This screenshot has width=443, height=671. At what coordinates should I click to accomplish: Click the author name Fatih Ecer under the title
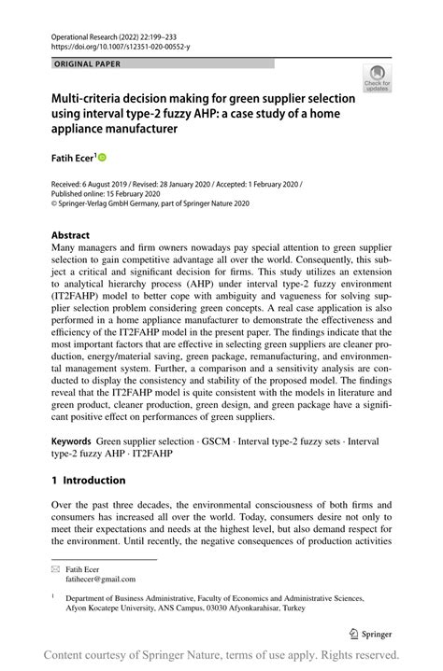72,159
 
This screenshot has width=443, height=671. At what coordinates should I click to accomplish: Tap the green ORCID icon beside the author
103,158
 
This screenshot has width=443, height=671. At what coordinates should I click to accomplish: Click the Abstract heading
70,235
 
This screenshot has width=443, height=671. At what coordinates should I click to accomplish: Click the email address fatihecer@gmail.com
106,579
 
